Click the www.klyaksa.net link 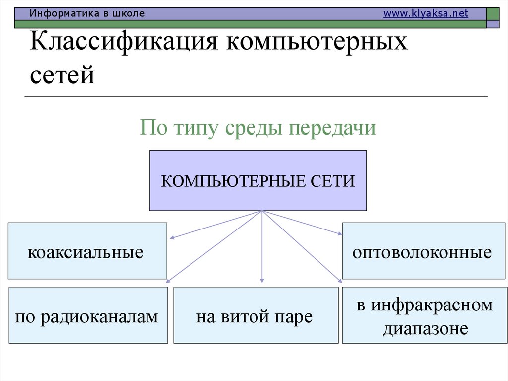point(426,14)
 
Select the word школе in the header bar point(129,14)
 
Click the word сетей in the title point(62,76)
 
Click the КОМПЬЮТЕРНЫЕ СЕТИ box point(258,180)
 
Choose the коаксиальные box point(87,250)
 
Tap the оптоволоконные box point(422,250)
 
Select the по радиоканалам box point(87,315)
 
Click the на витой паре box point(255,315)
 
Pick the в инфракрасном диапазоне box point(425,315)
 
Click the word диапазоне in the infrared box point(425,329)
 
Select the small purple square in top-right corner point(493,24)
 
